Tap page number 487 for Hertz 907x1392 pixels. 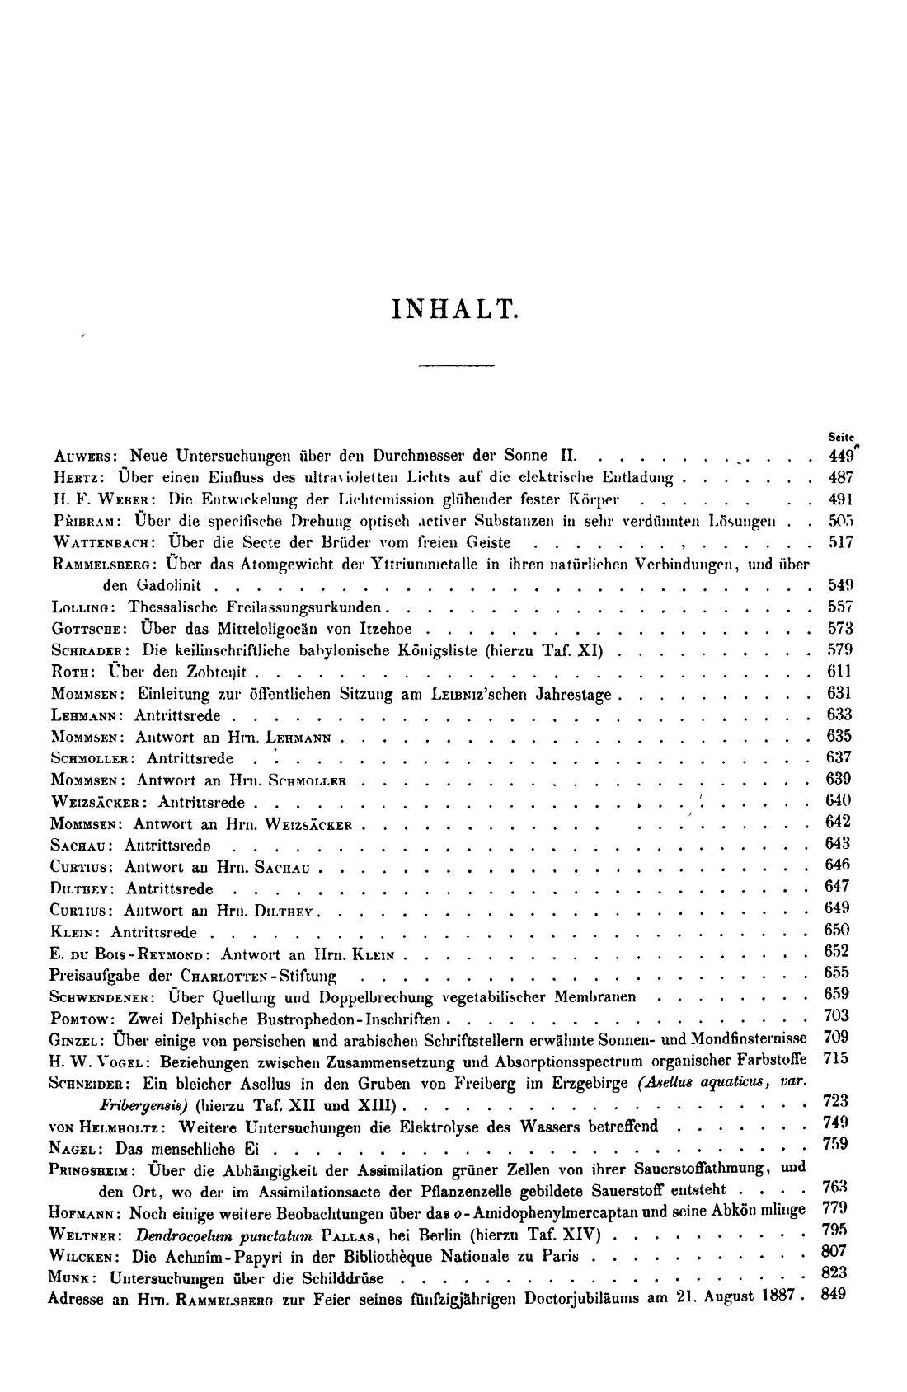840,477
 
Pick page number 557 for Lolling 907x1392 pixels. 840,607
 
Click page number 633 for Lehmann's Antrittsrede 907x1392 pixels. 839,715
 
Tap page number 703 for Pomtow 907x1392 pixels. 838,1015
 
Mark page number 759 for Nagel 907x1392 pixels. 836,1144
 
